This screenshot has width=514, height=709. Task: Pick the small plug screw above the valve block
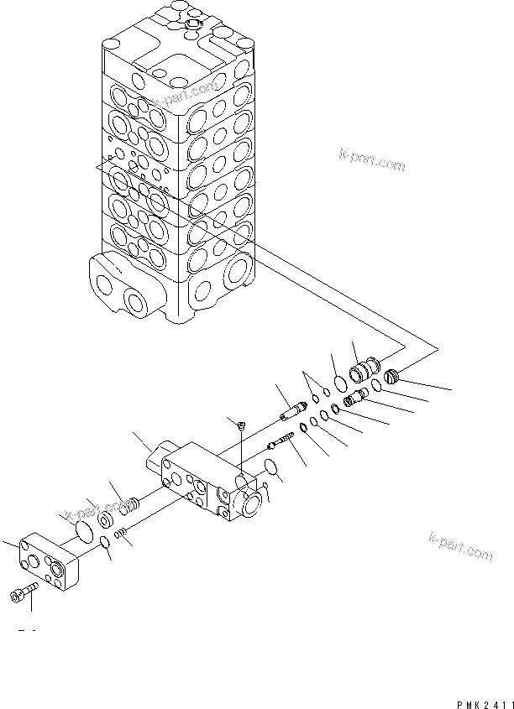click(242, 425)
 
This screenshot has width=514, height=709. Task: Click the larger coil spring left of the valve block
click(128, 507)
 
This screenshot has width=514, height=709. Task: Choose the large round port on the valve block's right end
click(249, 503)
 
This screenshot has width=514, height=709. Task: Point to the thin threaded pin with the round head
click(280, 441)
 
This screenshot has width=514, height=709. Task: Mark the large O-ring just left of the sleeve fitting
click(341, 383)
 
